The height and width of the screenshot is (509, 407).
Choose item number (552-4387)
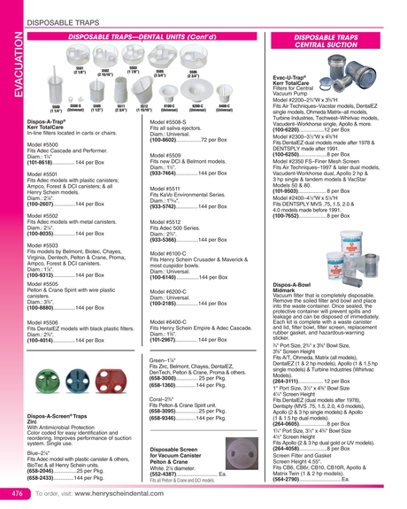click(x=145, y=474)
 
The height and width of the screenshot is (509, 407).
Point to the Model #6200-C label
click(x=144, y=289)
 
